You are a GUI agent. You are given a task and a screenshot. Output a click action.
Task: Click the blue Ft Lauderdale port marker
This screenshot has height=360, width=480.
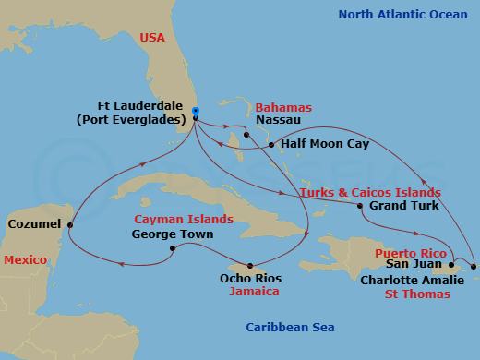pyautogui.click(x=195, y=113)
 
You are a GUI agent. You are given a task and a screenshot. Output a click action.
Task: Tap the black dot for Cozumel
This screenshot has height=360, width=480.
pyautogui.click(x=70, y=223)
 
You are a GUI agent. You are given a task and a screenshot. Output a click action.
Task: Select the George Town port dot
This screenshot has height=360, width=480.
pyautogui.click(x=173, y=247)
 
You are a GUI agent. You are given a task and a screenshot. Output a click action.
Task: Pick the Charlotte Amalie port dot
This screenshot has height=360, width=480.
pyautogui.click(x=474, y=267)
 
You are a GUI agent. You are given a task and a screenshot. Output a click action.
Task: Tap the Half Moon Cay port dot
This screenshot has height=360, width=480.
pyautogui.click(x=269, y=145)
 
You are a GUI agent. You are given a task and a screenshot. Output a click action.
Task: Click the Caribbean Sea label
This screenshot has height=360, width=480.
pyautogui.click(x=291, y=328)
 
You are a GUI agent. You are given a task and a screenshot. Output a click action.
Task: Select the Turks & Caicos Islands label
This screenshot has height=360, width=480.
pyautogui.click(x=370, y=191)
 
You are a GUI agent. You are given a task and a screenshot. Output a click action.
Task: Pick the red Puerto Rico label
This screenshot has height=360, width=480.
pyautogui.click(x=408, y=249)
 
